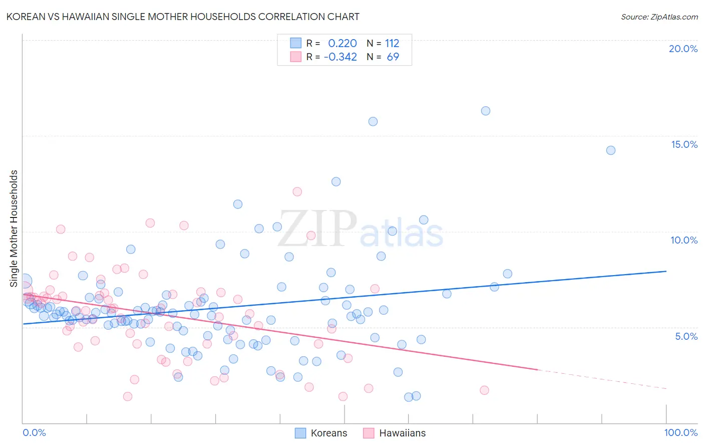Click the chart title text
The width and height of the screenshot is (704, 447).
183,17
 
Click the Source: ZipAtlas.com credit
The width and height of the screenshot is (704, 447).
659,17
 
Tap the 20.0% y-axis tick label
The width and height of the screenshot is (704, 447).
683,49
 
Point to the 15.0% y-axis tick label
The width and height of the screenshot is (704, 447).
684,144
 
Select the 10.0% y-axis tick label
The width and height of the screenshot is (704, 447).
684,240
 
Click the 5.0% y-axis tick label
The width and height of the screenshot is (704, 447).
686,336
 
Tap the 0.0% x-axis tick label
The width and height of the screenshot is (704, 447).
34,432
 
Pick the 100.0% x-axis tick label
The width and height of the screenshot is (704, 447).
680,432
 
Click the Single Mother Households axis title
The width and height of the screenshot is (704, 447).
14,229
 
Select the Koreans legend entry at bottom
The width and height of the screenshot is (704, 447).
321,433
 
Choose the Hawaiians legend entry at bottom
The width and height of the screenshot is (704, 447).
395,433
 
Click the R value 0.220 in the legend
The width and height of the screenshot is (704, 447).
342,44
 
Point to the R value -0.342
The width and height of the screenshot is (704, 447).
340,57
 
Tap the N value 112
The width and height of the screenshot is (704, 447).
392,44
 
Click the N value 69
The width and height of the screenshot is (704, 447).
393,57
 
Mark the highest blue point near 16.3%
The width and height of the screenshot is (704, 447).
486,111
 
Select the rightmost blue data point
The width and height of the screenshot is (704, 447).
611,150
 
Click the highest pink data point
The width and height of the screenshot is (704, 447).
297,191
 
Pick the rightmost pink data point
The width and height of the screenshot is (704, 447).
484,390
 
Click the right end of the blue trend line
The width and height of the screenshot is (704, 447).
666,271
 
